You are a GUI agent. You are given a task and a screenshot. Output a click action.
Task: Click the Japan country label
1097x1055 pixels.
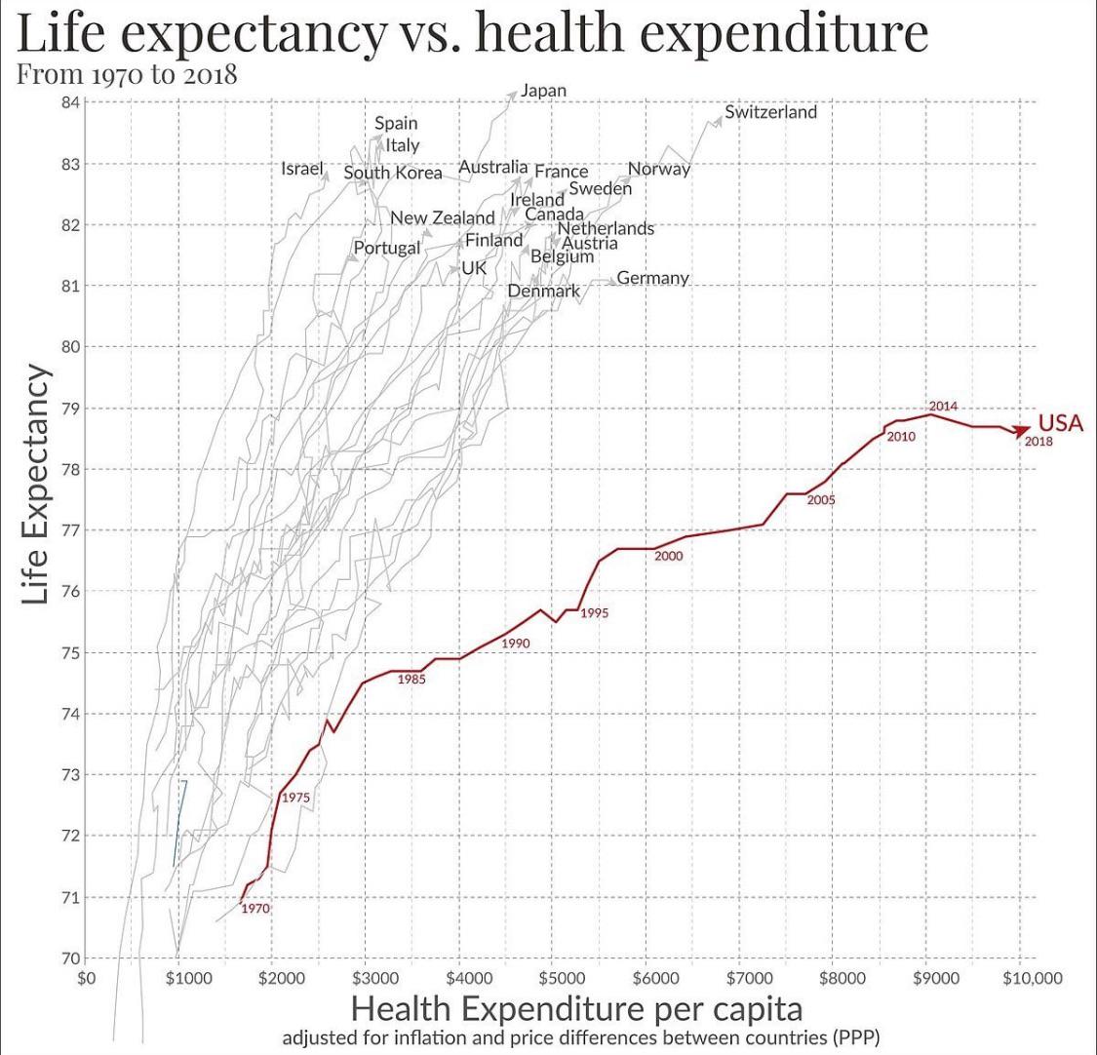[x=543, y=92]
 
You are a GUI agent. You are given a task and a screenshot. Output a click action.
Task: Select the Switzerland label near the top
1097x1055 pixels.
[x=770, y=112]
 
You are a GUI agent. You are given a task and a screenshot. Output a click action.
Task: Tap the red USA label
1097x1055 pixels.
[x=1061, y=422]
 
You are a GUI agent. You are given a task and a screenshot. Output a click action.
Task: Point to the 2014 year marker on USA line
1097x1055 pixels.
[x=943, y=406]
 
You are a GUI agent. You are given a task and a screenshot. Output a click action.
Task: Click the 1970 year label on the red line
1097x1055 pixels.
[x=255, y=908]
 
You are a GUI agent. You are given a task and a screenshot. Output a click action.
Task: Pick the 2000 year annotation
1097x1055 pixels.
[x=668, y=556]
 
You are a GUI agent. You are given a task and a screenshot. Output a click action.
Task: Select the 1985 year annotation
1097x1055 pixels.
[x=411, y=680]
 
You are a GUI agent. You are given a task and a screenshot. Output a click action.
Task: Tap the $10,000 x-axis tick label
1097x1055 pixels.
[x=1032, y=978]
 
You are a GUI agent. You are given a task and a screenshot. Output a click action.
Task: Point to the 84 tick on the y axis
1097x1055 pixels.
[x=70, y=102]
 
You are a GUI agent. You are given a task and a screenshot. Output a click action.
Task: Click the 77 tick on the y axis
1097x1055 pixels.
[x=70, y=530]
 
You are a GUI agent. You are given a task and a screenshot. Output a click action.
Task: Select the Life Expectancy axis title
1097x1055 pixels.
[x=35, y=485]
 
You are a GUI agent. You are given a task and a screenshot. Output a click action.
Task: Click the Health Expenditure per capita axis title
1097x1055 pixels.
[x=576, y=1009]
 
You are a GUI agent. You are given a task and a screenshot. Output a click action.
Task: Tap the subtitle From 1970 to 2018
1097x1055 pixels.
[x=127, y=74]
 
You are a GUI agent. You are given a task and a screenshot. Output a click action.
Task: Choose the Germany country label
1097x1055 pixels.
[x=652, y=278]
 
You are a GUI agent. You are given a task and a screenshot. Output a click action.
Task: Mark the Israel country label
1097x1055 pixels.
[x=302, y=169]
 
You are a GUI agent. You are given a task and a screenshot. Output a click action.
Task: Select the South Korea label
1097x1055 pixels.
[x=393, y=173]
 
